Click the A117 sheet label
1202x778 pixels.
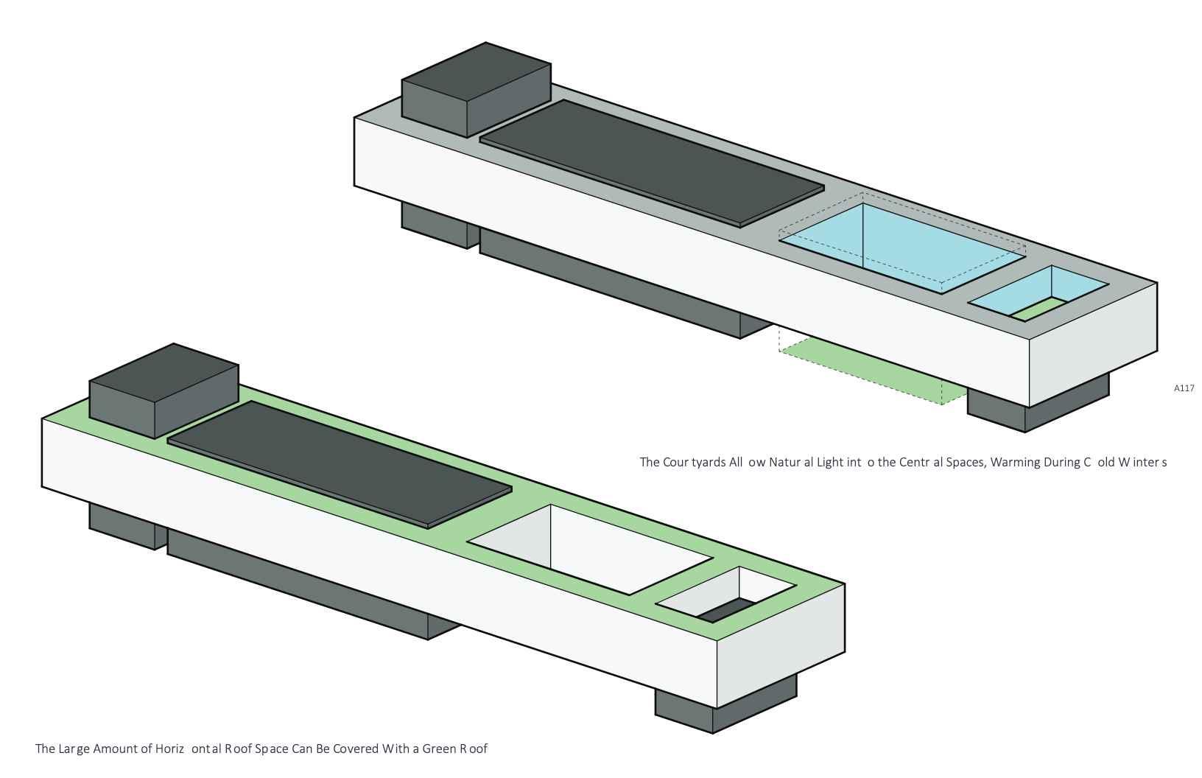point(1184,388)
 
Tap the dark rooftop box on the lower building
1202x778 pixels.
point(163,390)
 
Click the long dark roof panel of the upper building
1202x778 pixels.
point(651,162)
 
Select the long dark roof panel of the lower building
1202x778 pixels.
point(339,463)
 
